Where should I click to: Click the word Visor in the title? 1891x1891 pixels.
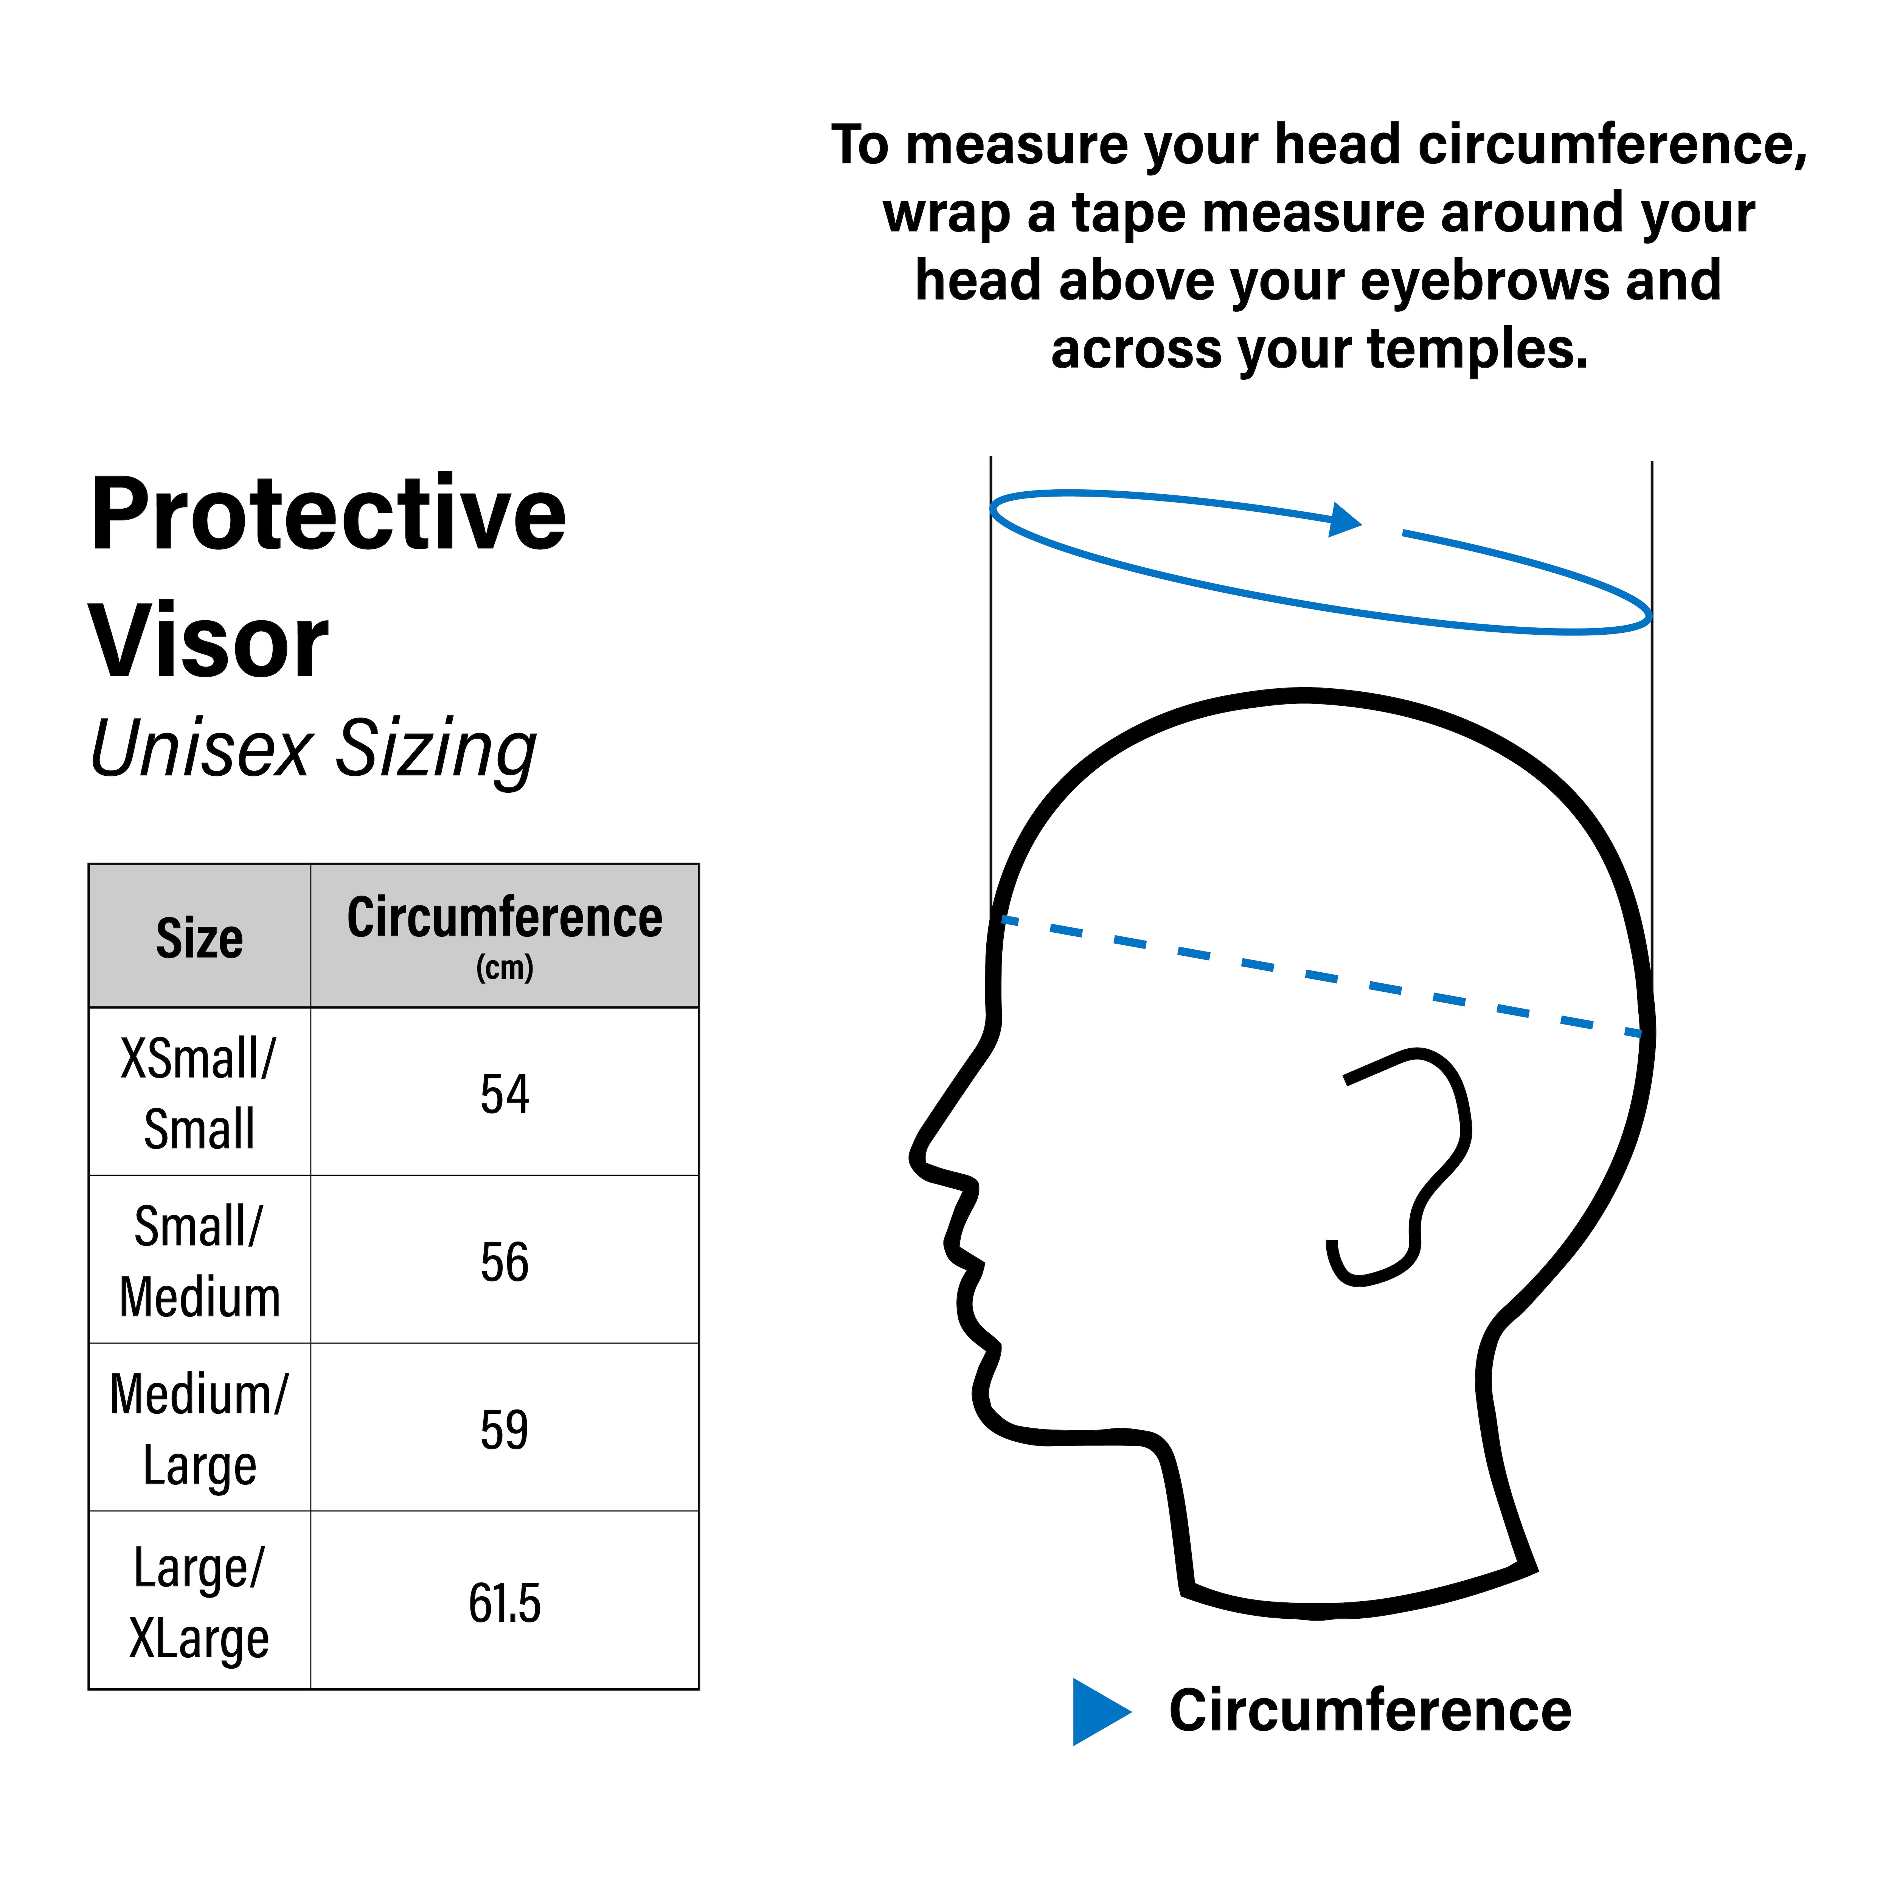tap(210, 642)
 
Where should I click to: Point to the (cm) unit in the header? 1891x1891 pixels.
tap(505, 968)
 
